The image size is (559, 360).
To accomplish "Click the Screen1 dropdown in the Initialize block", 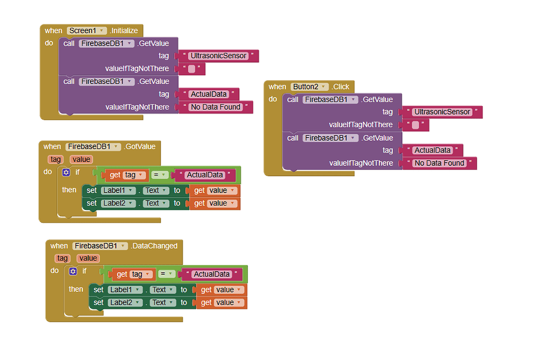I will [x=86, y=31].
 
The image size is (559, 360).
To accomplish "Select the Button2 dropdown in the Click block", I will [x=310, y=87].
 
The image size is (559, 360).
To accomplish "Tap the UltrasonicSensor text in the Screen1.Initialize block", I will [x=218, y=56].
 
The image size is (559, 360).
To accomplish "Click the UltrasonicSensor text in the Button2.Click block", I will [x=442, y=112].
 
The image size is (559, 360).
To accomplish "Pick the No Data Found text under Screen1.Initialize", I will [x=215, y=107].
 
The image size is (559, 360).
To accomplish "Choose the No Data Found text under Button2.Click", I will [x=439, y=163].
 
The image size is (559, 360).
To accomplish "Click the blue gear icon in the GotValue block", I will [x=67, y=172].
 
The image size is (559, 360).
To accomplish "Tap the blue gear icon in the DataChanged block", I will [x=73, y=271].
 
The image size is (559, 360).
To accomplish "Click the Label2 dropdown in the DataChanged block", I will [x=125, y=302].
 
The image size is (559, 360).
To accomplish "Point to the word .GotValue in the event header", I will [x=140, y=146].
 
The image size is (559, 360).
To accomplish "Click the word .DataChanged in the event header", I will [x=154, y=246].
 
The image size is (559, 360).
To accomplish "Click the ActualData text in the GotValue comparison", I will [x=205, y=175].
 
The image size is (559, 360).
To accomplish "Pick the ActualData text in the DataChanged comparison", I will [x=212, y=274].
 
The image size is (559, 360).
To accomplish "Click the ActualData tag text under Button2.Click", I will [x=432, y=150].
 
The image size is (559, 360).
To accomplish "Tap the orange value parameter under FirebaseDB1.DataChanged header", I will [x=87, y=259].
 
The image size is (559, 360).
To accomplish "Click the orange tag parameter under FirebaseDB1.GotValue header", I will [x=55, y=159].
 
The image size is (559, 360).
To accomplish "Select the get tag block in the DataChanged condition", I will [x=132, y=274].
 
